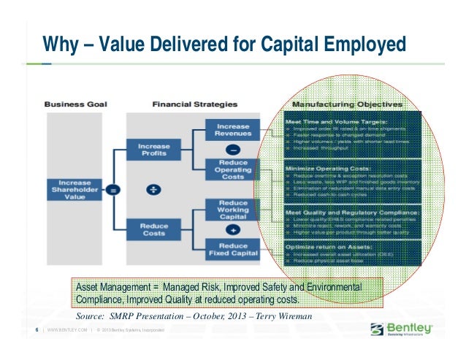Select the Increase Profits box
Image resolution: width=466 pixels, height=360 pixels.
click(x=154, y=150)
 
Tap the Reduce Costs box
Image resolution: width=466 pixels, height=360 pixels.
click(x=154, y=229)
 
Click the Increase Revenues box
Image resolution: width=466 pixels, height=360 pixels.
click(x=232, y=130)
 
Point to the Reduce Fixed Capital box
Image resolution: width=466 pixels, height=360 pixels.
click(x=232, y=250)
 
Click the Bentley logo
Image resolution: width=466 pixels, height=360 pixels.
click(x=402, y=328)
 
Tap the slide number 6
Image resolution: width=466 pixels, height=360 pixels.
click(x=37, y=331)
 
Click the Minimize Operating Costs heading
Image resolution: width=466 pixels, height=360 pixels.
click(x=321, y=167)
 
